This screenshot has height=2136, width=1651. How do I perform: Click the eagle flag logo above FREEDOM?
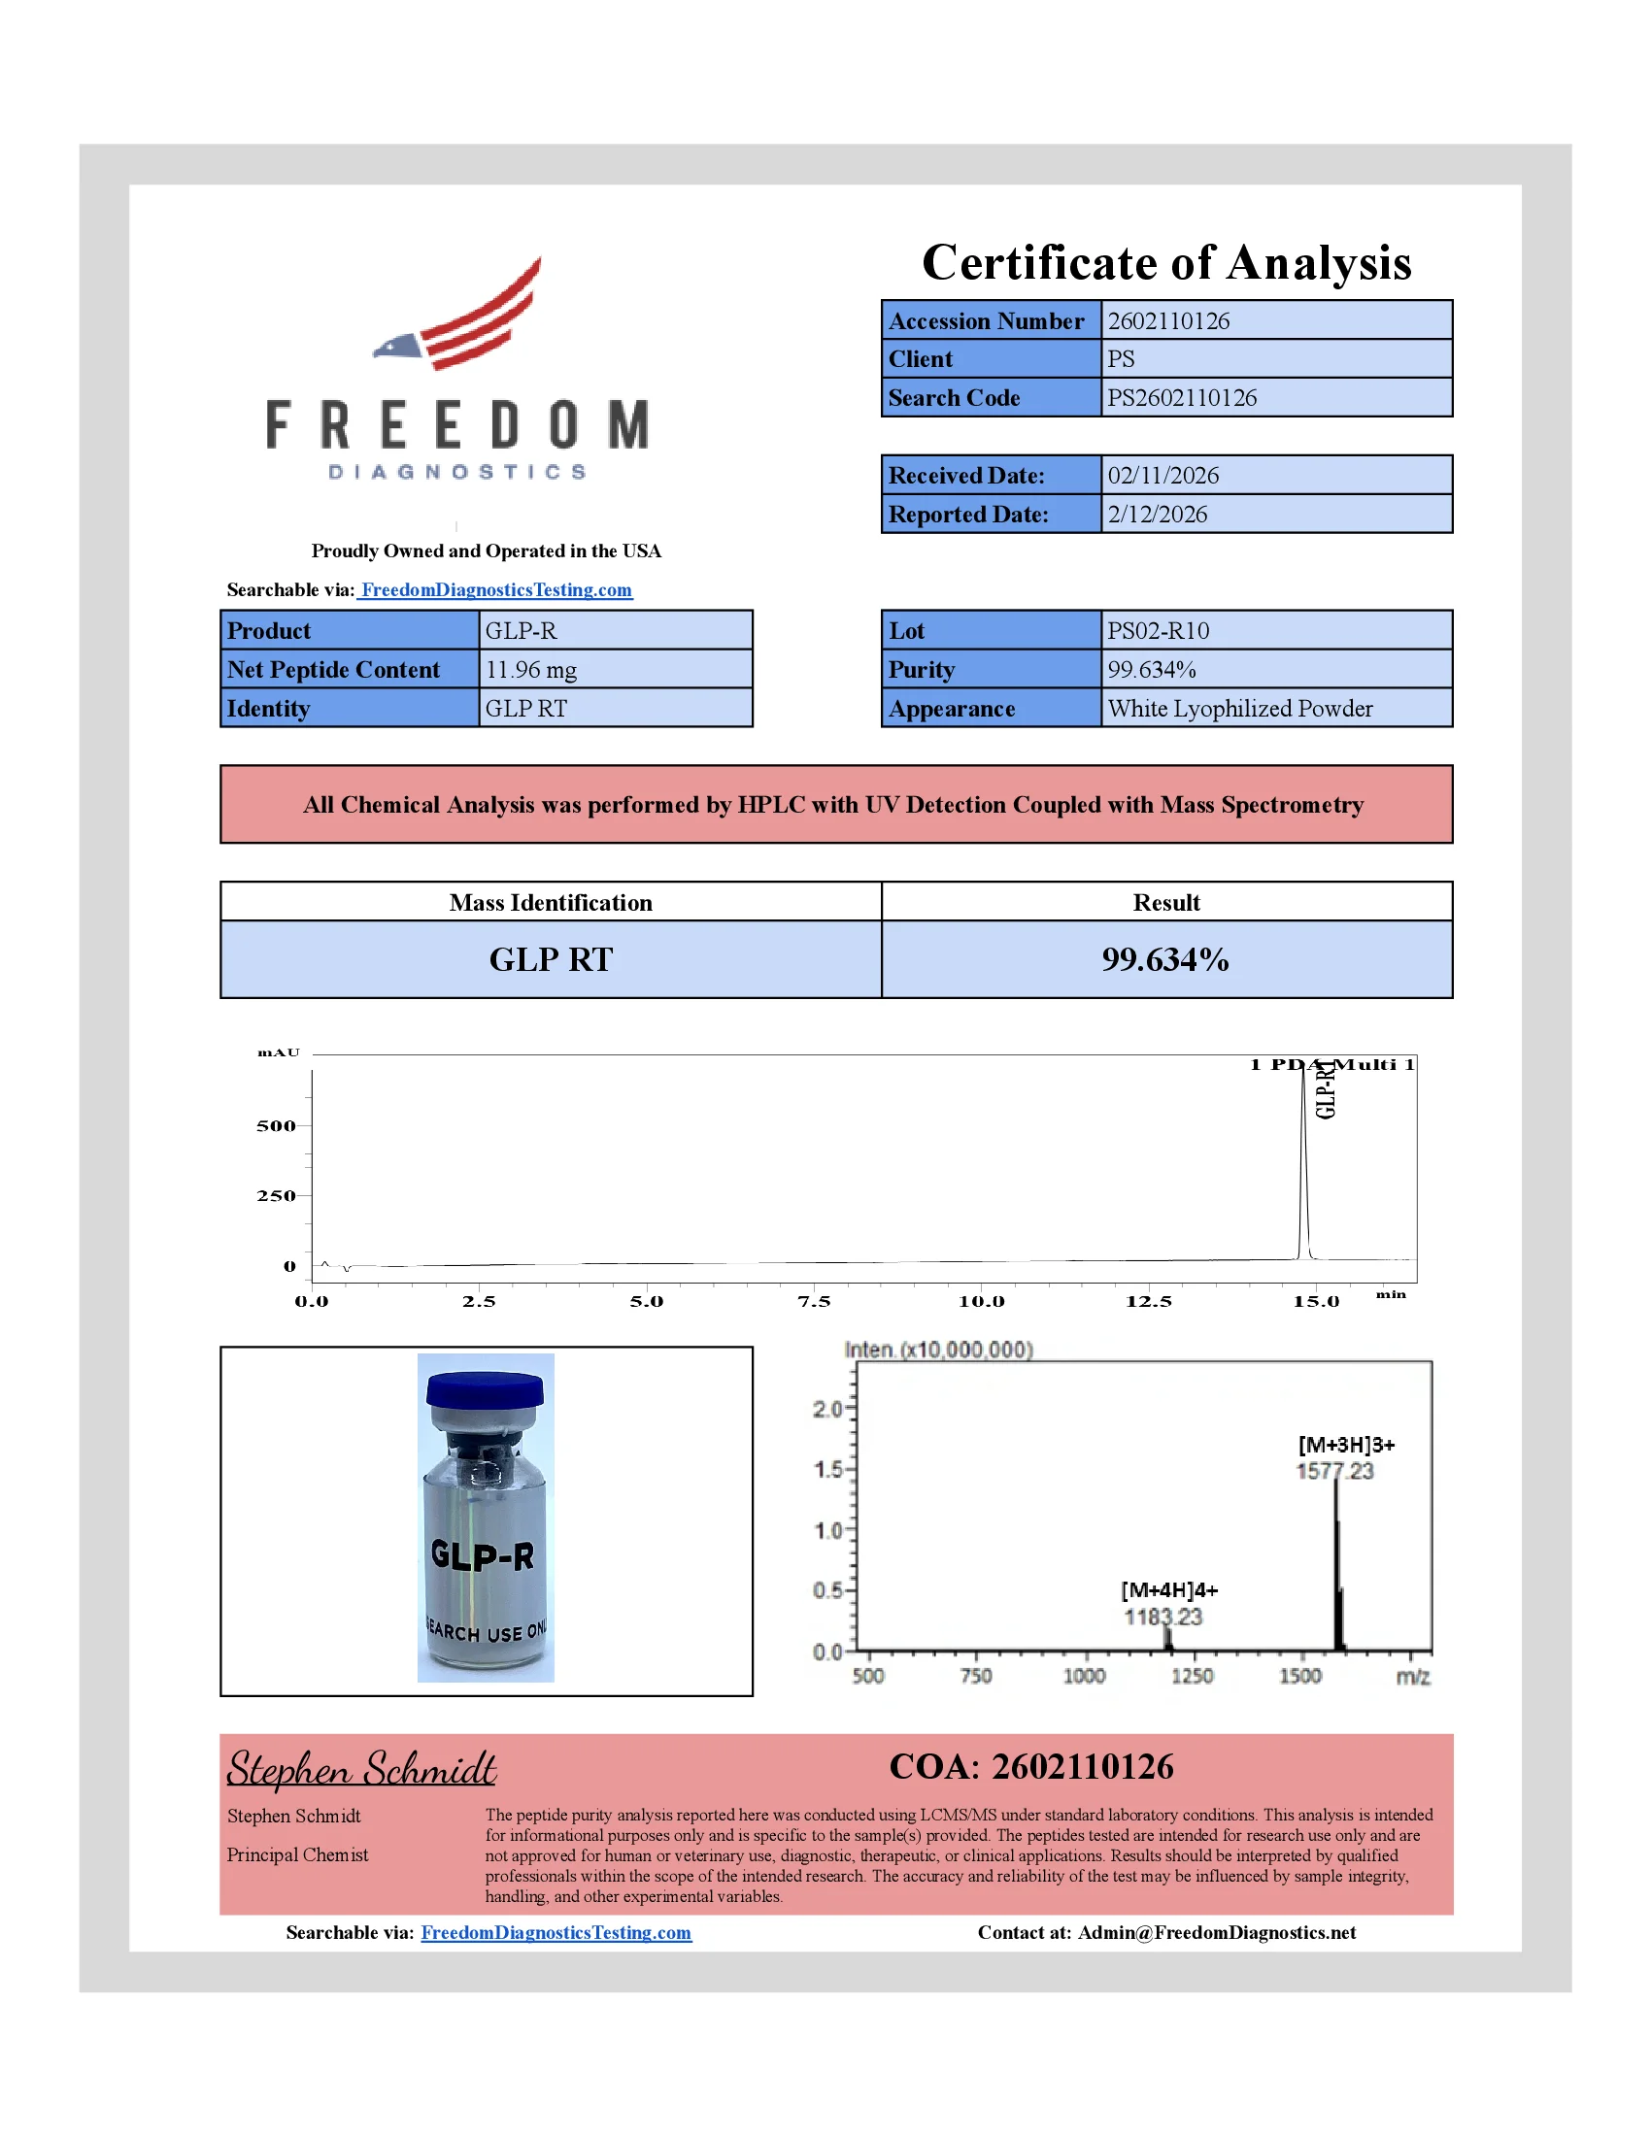point(459,315)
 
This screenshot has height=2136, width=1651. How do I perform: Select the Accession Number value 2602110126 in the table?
point(1167,320)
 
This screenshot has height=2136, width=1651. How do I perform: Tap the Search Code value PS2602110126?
point(1182,398)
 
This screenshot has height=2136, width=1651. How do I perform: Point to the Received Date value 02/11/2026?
point(1162,476)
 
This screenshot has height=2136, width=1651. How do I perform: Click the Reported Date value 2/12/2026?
point(1157,515)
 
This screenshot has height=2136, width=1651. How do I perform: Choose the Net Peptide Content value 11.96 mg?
point(531,670)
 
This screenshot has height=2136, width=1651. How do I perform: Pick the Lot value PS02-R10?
point(1158,631)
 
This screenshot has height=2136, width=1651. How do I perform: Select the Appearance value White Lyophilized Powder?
point(1239,709)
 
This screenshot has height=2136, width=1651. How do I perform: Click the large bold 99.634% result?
point(1164,959)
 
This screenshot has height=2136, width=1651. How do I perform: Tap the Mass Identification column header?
point(551,903)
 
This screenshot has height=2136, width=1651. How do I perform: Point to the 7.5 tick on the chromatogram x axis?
point(814,1302)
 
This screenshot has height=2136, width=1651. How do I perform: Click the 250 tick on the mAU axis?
point(276,1196)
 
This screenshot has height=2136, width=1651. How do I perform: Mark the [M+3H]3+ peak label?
point(1346,1445)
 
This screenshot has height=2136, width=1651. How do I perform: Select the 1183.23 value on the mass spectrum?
point(1162,1617)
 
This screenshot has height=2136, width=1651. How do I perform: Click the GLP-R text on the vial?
point(484,1555)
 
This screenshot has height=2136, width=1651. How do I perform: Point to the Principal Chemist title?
point(297,1855)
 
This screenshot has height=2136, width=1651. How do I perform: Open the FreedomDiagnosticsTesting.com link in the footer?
point(556,1932)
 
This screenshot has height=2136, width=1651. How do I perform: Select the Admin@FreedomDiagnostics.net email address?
point(1217,1932)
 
